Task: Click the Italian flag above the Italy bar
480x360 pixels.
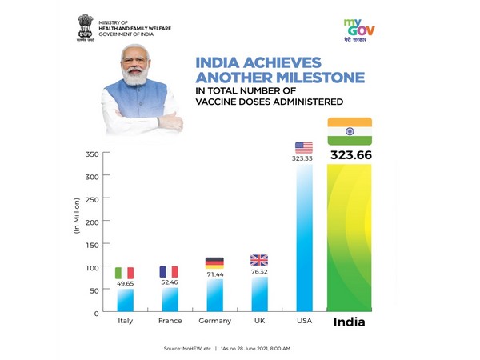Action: tap(124, 273)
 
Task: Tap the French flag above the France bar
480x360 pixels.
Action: tap(169, 271)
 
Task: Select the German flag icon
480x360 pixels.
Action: tap(214, 262)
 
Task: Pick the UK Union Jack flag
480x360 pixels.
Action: tap(259, 260)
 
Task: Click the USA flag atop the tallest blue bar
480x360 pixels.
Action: tap(304, 147)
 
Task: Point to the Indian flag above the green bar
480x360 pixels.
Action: tap(350, 131)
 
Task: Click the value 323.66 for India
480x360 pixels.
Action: tap(350, 154)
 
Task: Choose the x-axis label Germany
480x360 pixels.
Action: tap(214, 321)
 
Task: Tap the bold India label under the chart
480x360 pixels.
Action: tap(350, 322)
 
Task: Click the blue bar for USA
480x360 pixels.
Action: tap(304, 240)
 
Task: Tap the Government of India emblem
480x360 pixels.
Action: tap(84, 26)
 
